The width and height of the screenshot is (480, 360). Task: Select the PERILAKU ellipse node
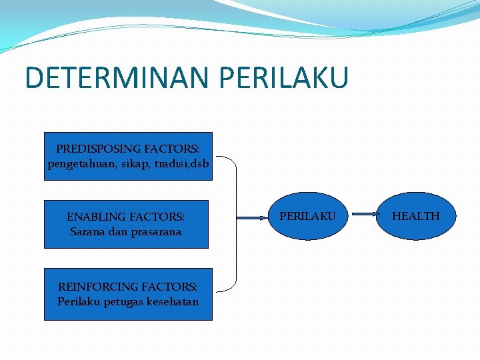[x=307, y=216]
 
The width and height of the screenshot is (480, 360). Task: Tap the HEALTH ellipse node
[x=415, y=216]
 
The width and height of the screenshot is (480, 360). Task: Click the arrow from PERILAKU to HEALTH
[x=364, y=215]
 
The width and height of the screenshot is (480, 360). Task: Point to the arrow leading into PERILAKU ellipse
[x=251, y=217]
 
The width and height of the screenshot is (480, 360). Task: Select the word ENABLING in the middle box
[x=94, y=217]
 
